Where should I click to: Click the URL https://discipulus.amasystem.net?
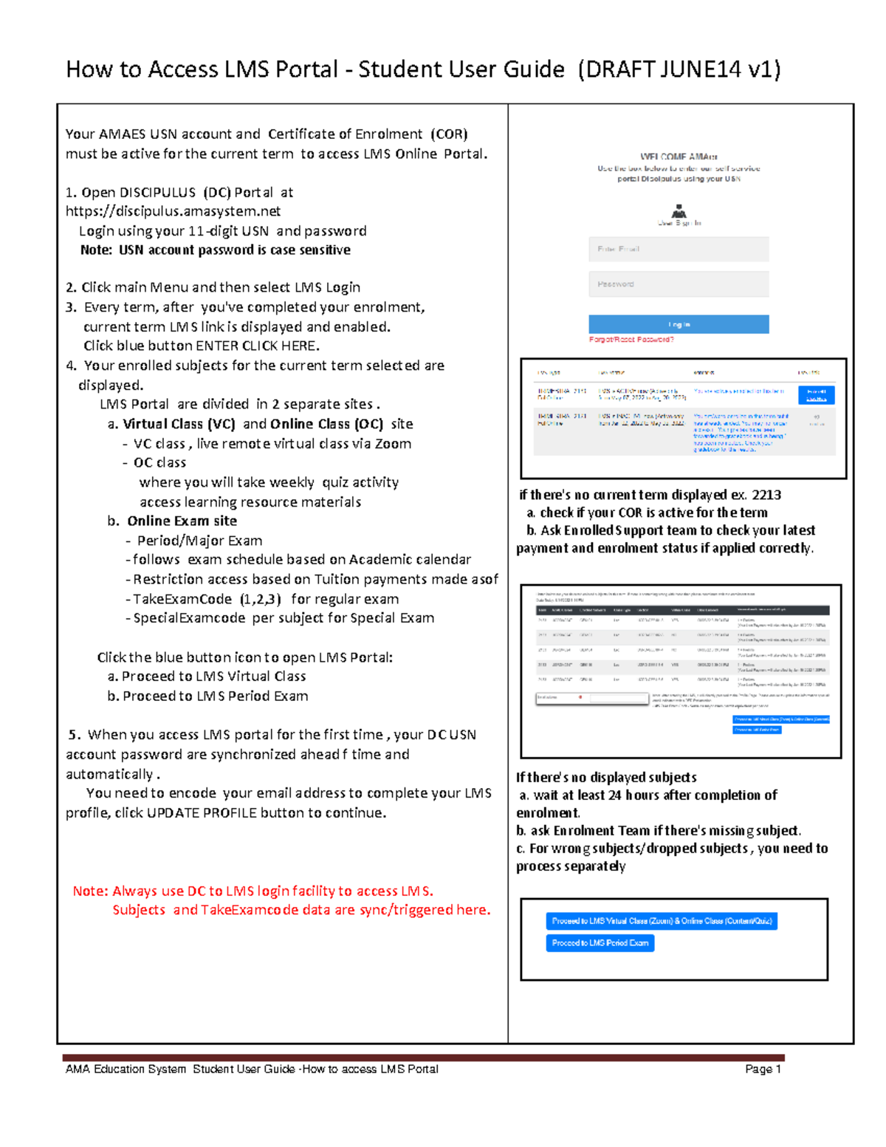coord(173,211)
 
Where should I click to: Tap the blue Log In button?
coord(679,324)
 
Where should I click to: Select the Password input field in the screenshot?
coord(679,284)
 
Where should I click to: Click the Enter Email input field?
coord(679,249)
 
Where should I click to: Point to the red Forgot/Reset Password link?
coord(631,340)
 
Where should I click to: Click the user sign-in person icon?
coord(679,211)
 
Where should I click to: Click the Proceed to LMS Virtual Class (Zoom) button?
coord(662,921)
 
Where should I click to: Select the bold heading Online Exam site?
coord(182,521)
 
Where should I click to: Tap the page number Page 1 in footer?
coord(763,1069)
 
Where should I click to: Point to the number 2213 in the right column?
coord(766,495)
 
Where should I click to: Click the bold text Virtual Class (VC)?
coord(179,424)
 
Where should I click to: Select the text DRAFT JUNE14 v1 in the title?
coord(679,69)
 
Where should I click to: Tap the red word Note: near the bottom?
coord(90,891)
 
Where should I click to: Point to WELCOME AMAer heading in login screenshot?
coord(679,157)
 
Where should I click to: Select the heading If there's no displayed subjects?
coord(606,777)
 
